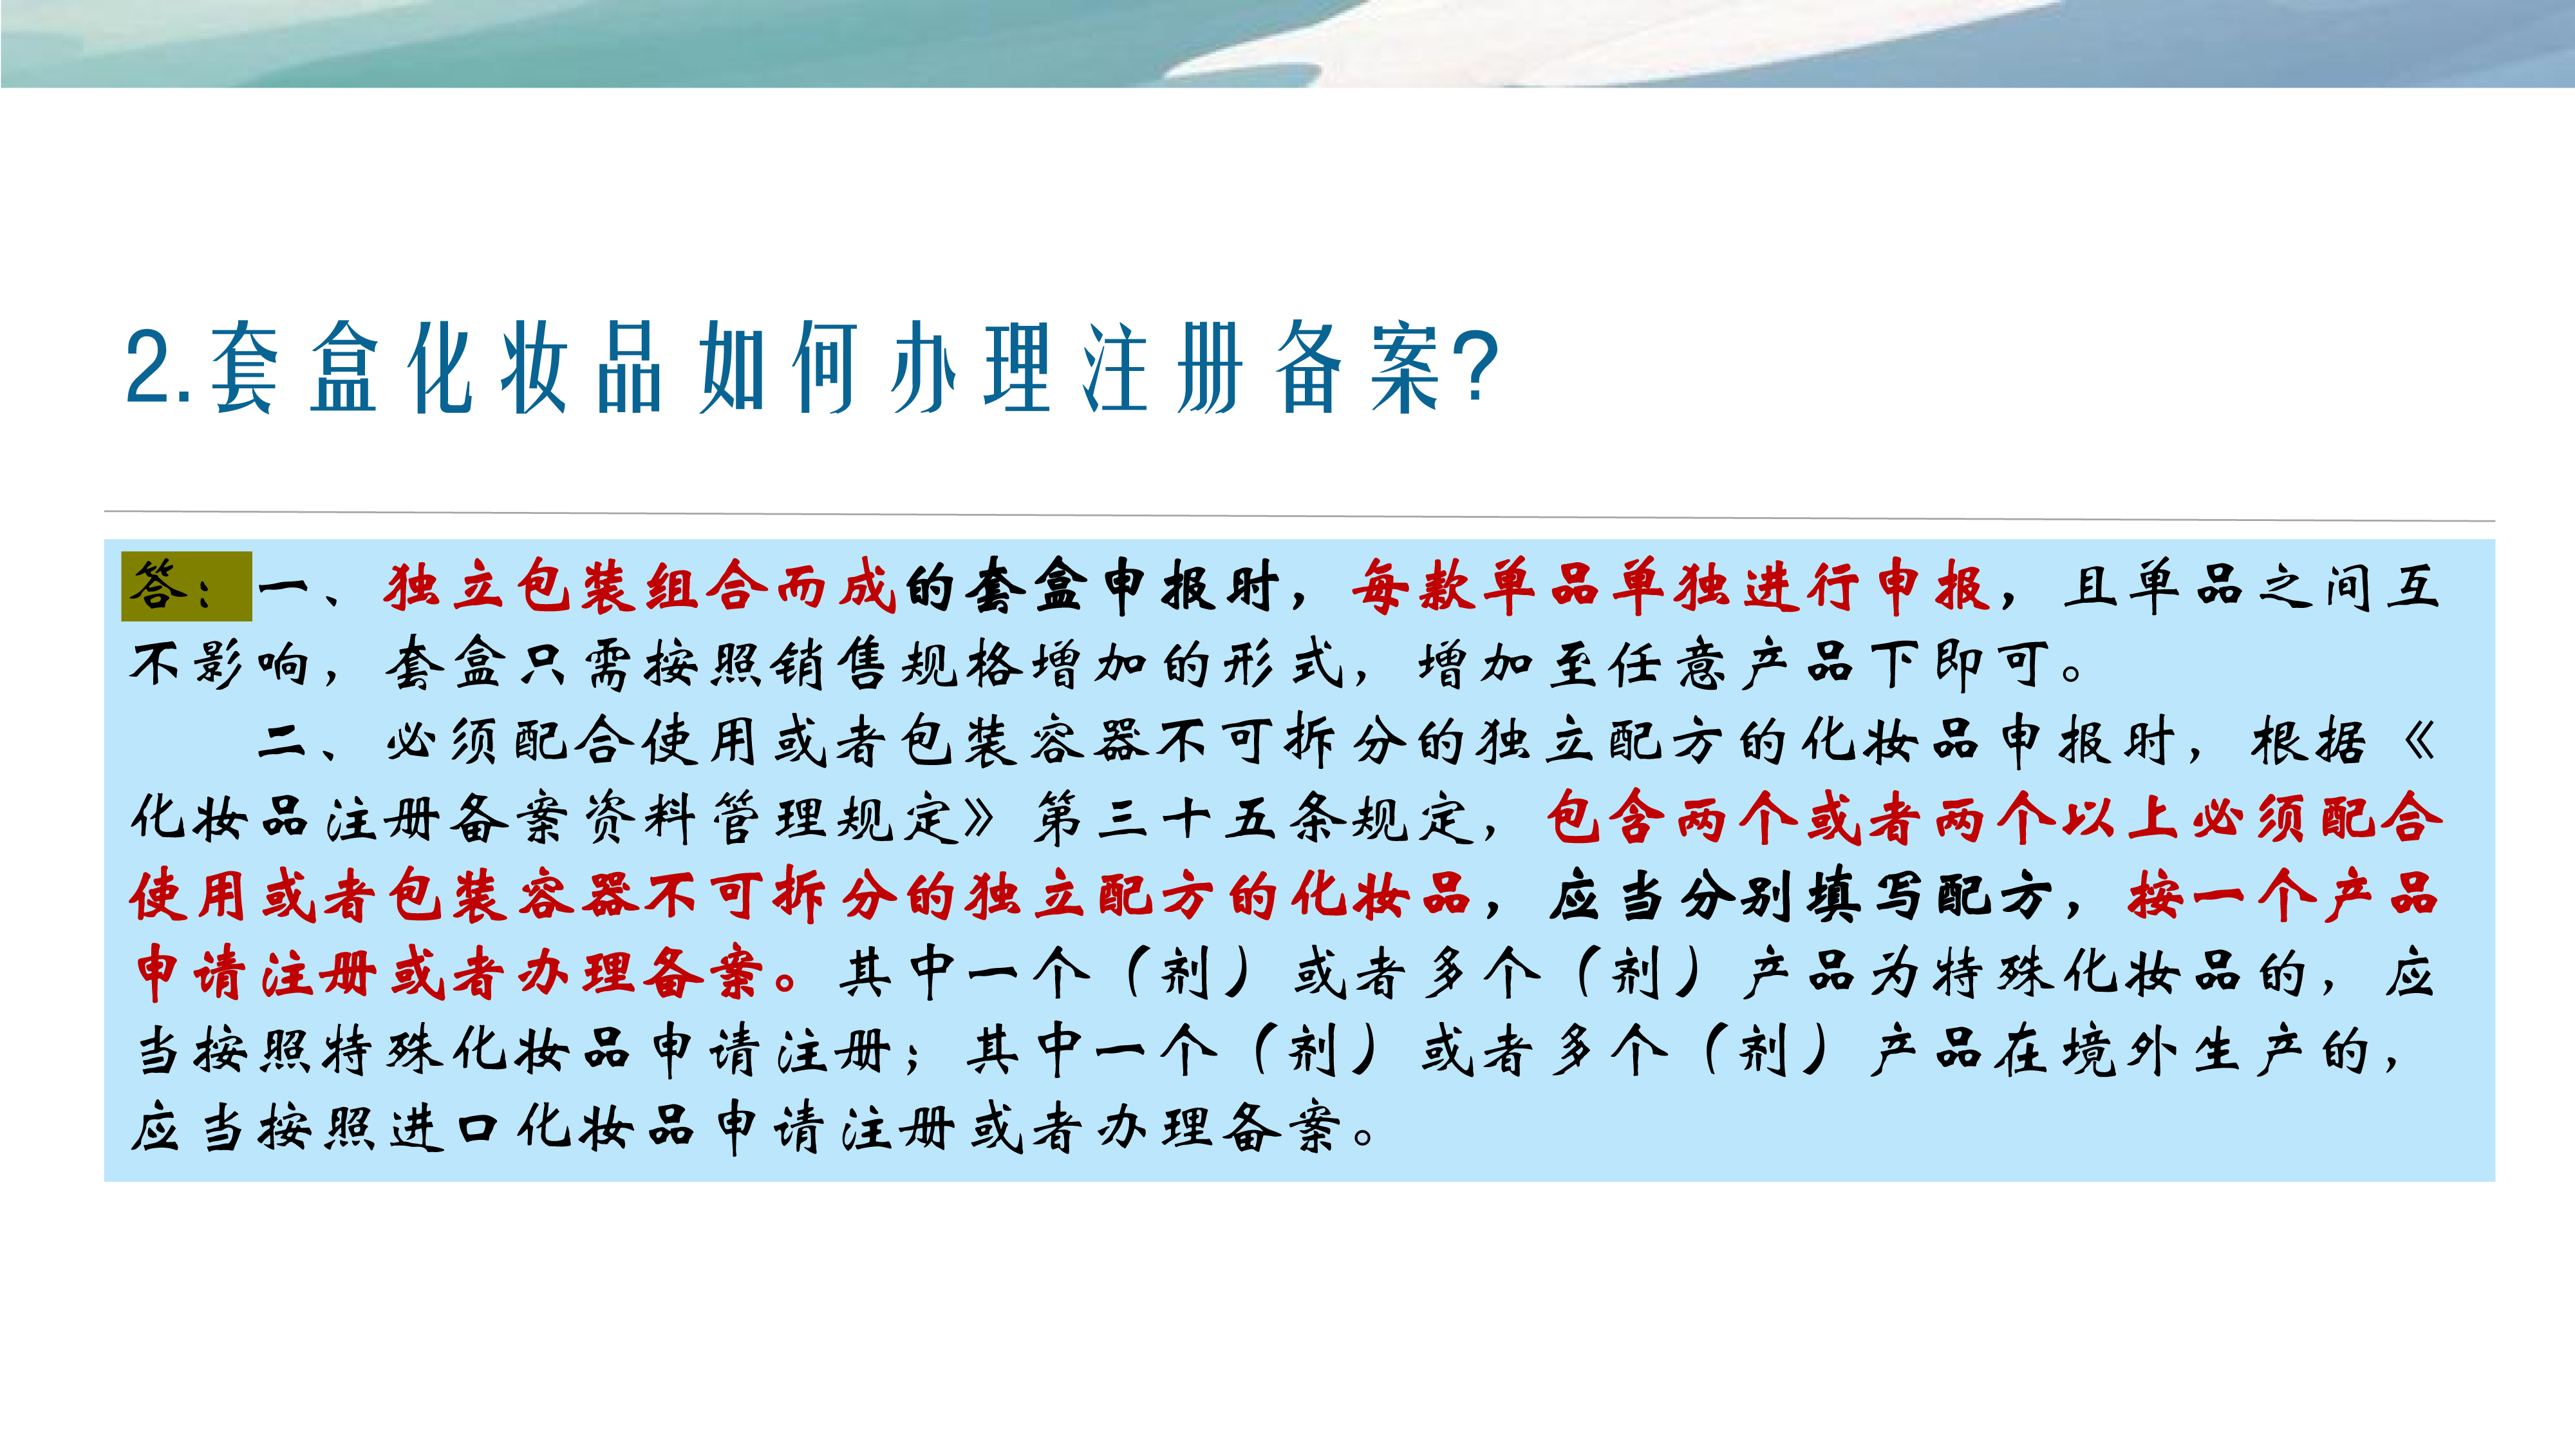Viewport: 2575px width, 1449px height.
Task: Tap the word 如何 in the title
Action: tap(778, 368)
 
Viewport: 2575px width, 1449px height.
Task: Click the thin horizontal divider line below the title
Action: tap(1300, 516)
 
